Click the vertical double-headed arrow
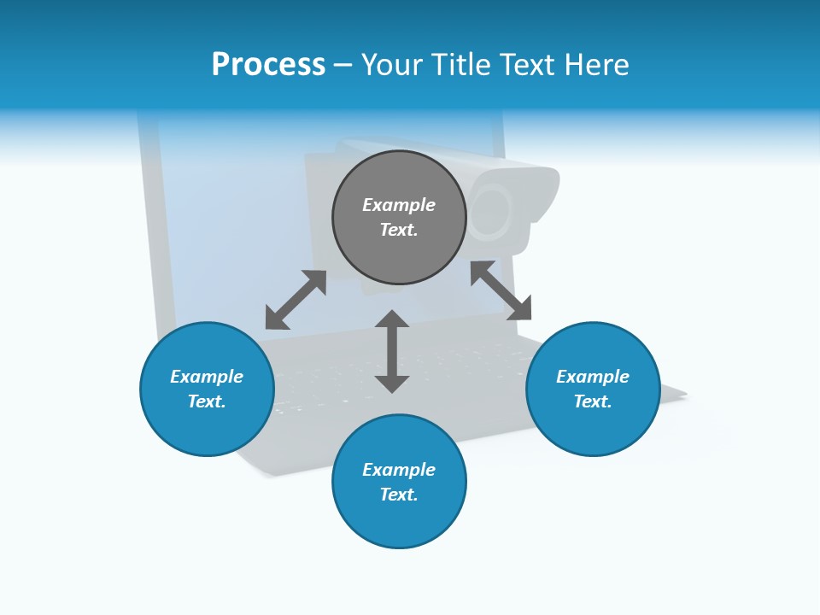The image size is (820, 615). (x=392, y=351)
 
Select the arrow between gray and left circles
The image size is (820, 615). (x=296, y=300)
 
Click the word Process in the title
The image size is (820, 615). (x=268, y=65)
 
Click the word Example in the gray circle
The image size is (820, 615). (x=399, y=205)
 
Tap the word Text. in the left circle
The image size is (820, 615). (x=207, y=401)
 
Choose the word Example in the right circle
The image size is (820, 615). (x=593, y=377)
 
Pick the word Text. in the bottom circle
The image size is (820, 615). (x=399, y=495)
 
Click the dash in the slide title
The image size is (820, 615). (x=343, y=65)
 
